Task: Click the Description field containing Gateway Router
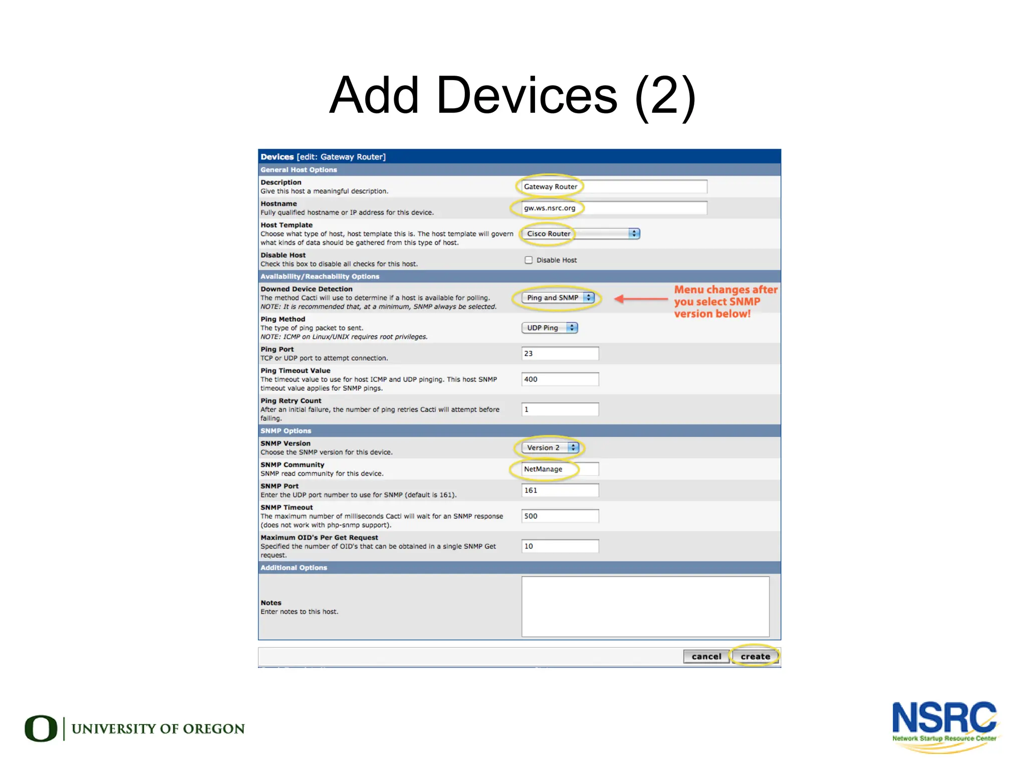614,186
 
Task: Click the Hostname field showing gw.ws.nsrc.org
614,208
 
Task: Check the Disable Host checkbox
529,260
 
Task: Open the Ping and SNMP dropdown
558,298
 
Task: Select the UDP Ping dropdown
550,328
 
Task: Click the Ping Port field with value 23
560,353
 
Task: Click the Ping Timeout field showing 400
560,379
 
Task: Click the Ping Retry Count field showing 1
560,409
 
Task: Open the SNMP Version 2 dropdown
550,447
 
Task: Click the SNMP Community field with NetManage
560,469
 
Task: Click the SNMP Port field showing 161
560,490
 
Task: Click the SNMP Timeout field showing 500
560,516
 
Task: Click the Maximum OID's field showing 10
560,546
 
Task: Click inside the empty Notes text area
645,606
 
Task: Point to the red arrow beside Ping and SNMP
641,299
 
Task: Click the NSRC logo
944,725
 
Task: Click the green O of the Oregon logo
41,728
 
